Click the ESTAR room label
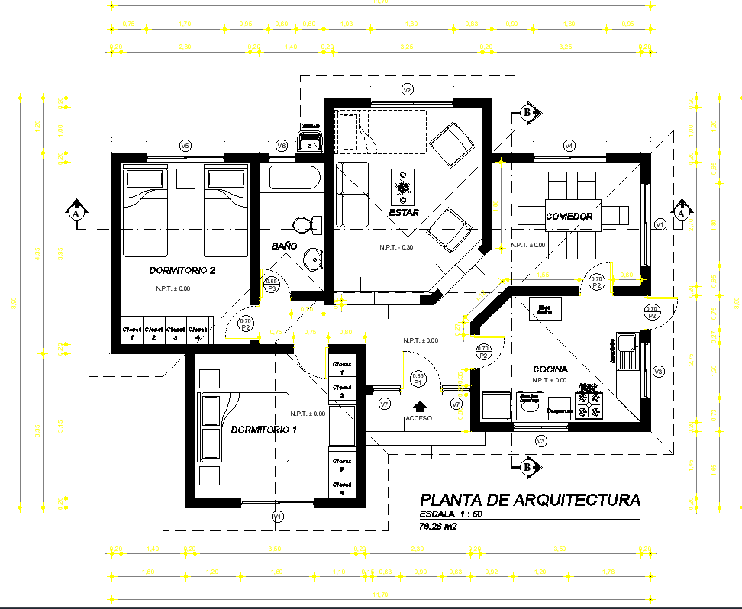click(403, 213)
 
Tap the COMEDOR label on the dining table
click(569, 217)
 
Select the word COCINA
click(550, 369)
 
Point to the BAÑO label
click(284, 246)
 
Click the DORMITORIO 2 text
click(182, 271)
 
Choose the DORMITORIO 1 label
click(263, 430)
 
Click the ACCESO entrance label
click(418, 419)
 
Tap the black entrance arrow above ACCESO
click(418, 407)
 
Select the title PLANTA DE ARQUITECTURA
click(531, 501)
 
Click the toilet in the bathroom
click(305, 224)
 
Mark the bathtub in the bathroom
click(293, 181)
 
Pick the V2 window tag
click(408, 90)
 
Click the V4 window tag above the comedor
click(569, 145)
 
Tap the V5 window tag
click(185, 145)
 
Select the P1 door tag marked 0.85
click(418, 378)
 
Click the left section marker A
click(76, 211)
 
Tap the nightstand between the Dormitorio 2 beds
click(185, 179)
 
